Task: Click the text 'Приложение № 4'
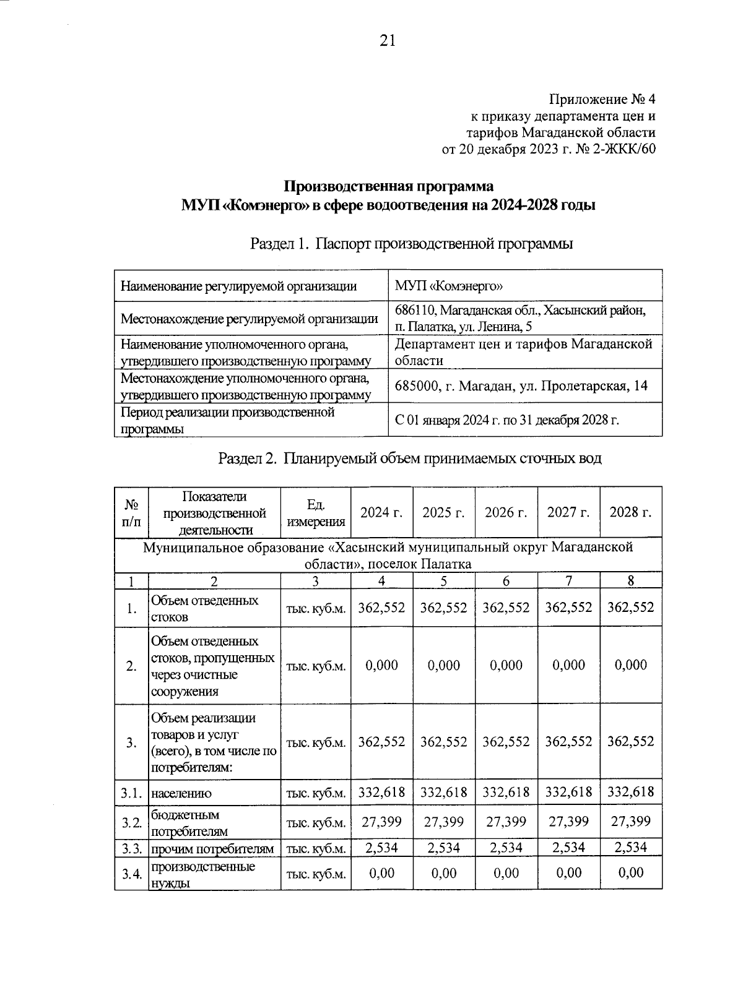pos(601,100)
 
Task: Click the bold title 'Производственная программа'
pos(389,186)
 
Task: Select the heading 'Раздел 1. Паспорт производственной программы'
pos(411,244)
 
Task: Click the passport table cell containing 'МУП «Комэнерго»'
pos(449,286)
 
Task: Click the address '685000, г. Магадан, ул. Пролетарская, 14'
pos(521,385)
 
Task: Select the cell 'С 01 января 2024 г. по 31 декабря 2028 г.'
pos(507,420)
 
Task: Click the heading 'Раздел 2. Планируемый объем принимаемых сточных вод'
pos(410,458)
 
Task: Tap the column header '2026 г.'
pos(506,512)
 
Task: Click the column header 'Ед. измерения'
pos(316,512)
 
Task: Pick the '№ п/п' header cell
pos(131,512)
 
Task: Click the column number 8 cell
pos(630,580)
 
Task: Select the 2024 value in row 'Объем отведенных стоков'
pos(381,608)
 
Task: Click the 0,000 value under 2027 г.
pos(568,665)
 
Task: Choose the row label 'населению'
pos(181,793)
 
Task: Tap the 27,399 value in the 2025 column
pos(443,822)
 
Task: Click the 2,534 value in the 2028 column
pos(630,848)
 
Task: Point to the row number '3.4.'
pos(131,874)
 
